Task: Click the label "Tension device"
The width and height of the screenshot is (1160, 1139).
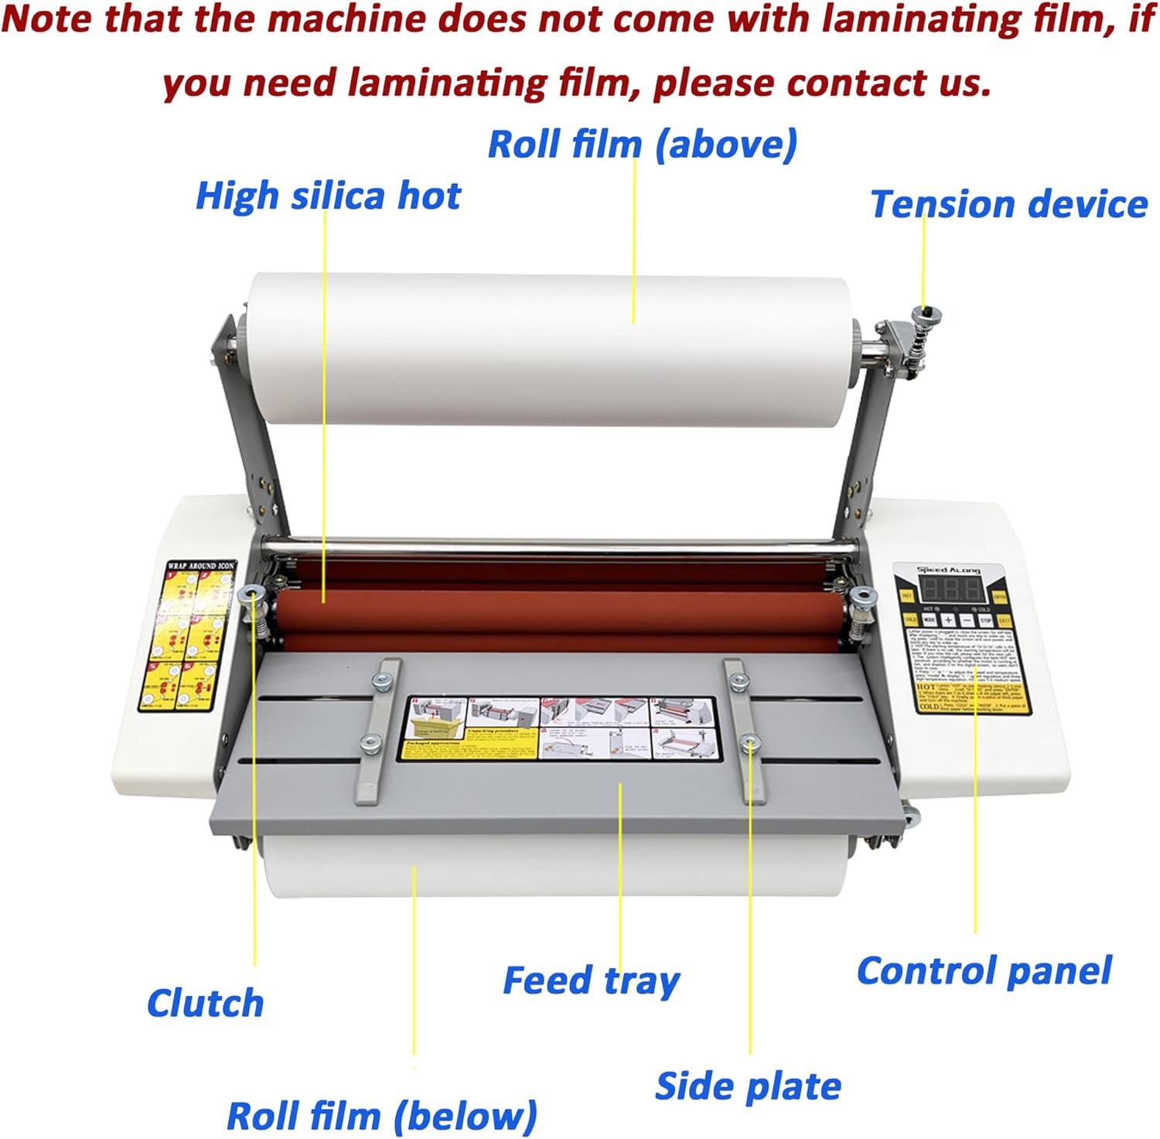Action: point(1008,205)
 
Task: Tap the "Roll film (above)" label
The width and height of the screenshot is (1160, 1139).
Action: point(642,145)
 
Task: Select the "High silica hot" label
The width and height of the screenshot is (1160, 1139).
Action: point(328,196)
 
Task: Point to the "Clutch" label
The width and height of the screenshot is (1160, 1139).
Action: point(205,1003)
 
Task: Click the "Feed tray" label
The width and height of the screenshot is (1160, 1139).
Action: point(592,980)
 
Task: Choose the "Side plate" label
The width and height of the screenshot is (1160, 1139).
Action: point(748,1086)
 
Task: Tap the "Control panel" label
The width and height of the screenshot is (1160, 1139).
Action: point(984,971)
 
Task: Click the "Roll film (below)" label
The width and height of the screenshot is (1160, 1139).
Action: point(381,1116)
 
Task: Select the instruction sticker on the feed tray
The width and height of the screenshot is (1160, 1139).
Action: point(561,728)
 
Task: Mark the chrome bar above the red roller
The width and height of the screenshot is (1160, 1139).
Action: point(557,549)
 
